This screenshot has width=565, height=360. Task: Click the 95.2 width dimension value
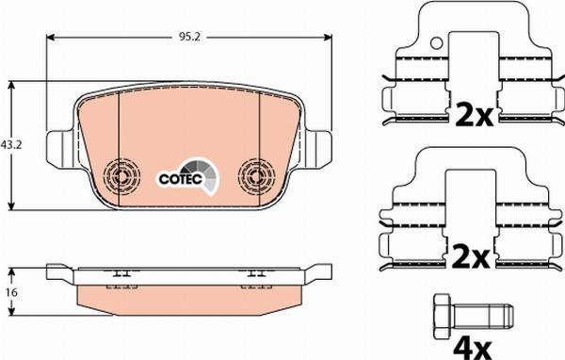[189, 37]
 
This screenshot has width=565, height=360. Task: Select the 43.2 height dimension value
[11, 145]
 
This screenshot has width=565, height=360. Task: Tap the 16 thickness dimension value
[12, 292]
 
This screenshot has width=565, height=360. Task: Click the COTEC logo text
[181, 179]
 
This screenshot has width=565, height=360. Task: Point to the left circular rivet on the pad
[121, 176]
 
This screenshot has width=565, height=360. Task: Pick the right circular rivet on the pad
[256, 176]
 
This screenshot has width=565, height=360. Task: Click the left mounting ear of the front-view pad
[59, 149]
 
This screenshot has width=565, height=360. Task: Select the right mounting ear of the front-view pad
[319, 149]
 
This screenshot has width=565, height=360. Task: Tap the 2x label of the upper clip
[474, 114]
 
